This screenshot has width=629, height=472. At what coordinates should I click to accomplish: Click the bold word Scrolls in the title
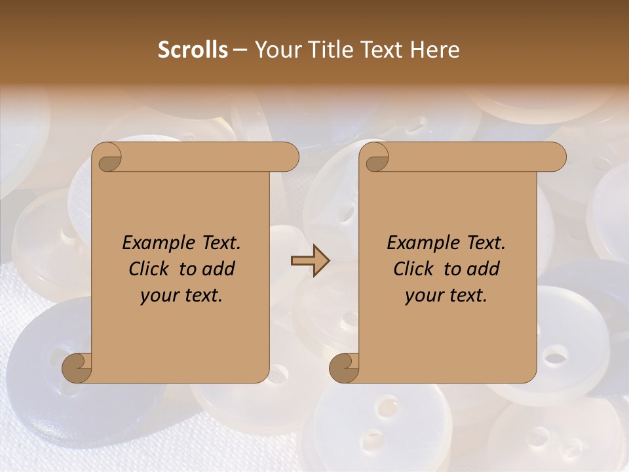tap(193, 50)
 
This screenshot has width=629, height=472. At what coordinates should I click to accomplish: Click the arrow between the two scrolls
tap(310, 260)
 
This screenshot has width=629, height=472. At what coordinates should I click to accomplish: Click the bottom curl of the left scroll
tap(77, 368)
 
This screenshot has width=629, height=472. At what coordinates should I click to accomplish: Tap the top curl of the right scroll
tap(375, 158)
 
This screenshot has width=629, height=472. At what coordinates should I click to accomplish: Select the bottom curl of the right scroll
tap(344, 368)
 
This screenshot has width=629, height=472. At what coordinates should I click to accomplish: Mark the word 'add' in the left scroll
tap(218, 269)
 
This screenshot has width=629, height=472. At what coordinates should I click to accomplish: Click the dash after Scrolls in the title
tap(240, 50)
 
